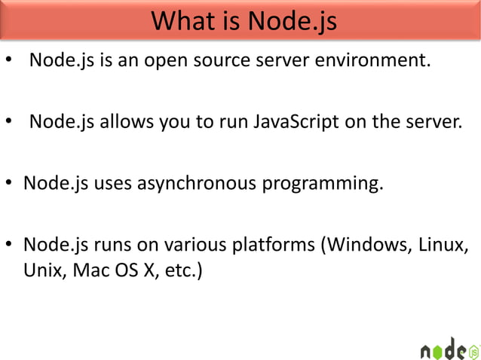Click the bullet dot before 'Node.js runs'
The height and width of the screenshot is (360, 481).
(x=10, y=246)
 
